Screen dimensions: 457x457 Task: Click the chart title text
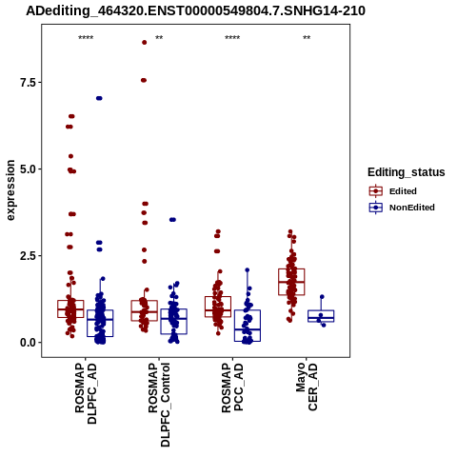pos(195,10)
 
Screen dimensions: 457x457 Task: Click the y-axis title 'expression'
pos(10,190)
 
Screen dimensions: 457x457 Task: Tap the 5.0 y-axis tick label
pos(27,169)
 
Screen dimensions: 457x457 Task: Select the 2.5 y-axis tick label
pos(27,256)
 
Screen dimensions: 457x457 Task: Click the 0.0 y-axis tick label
pos(27,343)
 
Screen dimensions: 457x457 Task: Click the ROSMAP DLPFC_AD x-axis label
pos(86,393)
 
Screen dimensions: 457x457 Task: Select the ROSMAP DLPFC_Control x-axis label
pos(159,405)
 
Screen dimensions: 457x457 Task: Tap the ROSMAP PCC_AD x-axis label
pos(232,387)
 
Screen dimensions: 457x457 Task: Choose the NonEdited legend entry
pos(402,208)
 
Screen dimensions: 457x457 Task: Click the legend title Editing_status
pos(407,172)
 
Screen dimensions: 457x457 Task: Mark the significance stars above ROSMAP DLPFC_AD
pos(86,38)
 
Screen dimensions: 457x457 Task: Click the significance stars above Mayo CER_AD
pos(307,38)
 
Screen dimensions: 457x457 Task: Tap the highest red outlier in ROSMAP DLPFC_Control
pos(145,43)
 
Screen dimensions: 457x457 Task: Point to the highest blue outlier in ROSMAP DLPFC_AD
pos(99,98)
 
